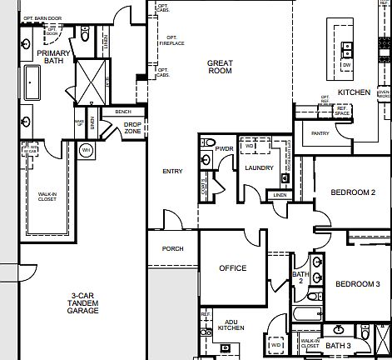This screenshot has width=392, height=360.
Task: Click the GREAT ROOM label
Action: tap(221, 67)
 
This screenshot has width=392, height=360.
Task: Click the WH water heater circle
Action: tap(86, 150)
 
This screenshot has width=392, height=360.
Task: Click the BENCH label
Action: tap(123, 111)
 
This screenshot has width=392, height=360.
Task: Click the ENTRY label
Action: tap(172, 172)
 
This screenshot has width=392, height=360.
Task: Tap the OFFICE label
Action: tap(233, 268)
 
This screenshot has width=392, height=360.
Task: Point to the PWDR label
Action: tap(223, 149)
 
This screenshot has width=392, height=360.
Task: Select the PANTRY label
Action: tap(320, 132)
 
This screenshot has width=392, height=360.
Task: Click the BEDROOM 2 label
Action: tap(352, 192)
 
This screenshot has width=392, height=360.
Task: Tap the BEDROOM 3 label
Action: tap(357, 284)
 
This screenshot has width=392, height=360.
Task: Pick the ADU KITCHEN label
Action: tap(231, 325)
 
